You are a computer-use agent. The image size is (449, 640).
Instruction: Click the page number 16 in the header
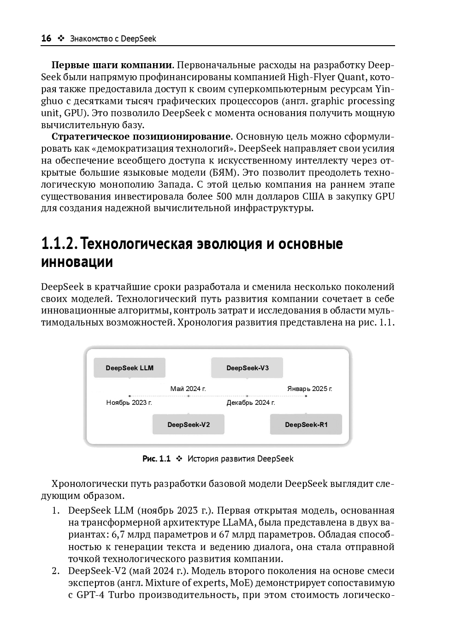point(46,39)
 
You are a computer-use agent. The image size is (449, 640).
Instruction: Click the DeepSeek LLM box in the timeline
point(130,368)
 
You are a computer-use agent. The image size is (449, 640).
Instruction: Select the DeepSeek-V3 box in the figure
point(247,368)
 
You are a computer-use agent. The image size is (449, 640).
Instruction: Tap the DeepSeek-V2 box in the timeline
point(189,424)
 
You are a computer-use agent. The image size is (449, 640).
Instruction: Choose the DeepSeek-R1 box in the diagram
point(306,424)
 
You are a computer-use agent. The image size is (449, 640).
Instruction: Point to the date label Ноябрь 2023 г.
point(129,403)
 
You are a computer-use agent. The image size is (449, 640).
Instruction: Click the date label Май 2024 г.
point(188,389)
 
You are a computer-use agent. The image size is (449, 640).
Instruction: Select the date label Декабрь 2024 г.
point(251,403)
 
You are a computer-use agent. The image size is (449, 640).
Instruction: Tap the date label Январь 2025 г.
point(309,389)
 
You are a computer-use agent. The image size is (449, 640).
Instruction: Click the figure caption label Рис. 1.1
point(156,459)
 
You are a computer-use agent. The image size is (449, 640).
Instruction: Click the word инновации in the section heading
point(77,262)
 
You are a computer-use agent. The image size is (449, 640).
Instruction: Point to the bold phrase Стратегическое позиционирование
point(141,136)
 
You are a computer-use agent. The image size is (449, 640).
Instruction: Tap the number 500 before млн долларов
point(225,196)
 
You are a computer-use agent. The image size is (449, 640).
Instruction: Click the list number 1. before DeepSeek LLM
point(55,511)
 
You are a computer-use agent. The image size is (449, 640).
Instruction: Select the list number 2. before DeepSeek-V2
point(55,571)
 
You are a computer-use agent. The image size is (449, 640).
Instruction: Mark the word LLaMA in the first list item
point(237,523)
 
